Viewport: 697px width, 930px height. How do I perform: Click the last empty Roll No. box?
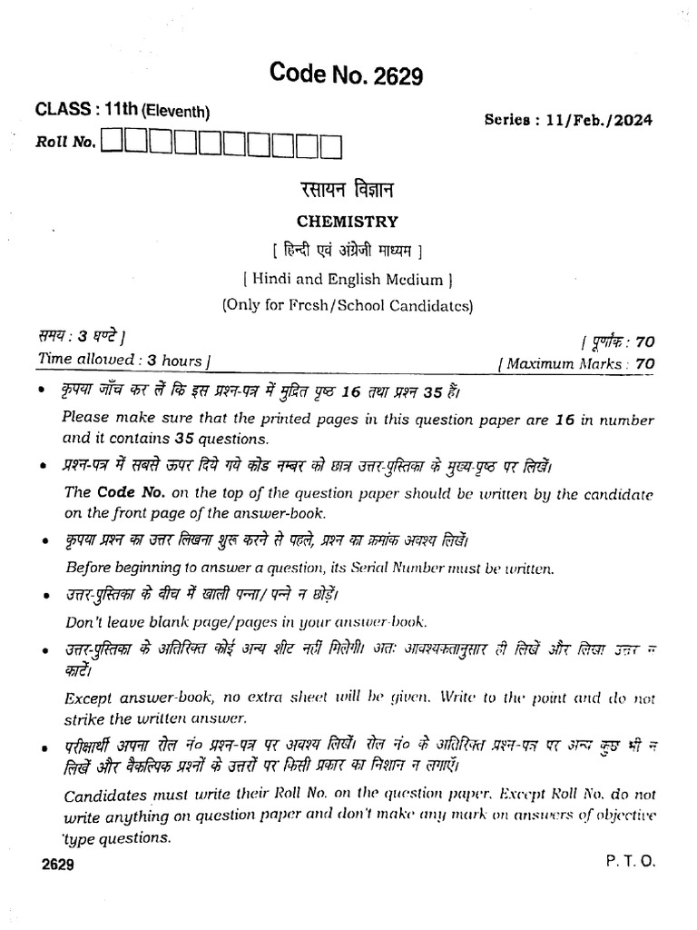(x=331, y=143)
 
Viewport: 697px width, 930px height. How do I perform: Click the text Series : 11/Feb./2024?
(x=568, y=120)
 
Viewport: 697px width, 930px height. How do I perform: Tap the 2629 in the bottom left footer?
(x=57, y=866)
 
